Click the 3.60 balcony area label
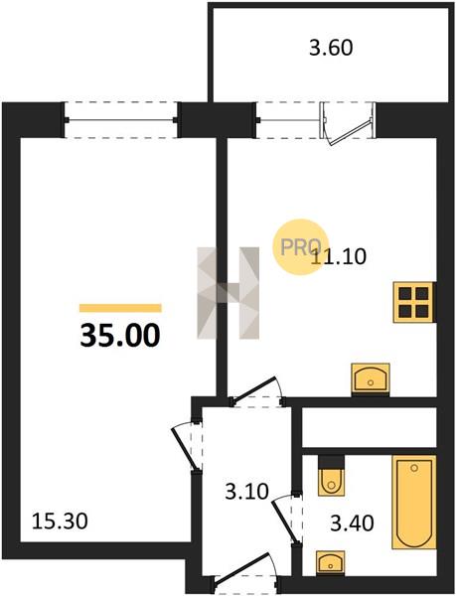[x=331, y=49]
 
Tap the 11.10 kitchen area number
[x=339, y=256]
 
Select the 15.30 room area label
[x=60, y=521]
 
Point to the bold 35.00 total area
[x=120, y=336]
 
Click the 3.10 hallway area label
[x=247, y=491]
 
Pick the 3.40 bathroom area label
[x=353, y=523]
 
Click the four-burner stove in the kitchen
[x=413, y=302]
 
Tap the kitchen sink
[x=371, y=378]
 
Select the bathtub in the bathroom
[x=414, y=502]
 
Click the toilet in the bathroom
[x=332, y=476]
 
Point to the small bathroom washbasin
[x=330, y=562]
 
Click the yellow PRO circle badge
[x=301, y=247]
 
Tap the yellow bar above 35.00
[x=120, y=308]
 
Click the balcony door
[x=347, y=123]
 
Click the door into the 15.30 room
[x=186, y=446]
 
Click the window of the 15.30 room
[x=121, y=120]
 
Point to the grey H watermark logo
[x=228, y=293]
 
